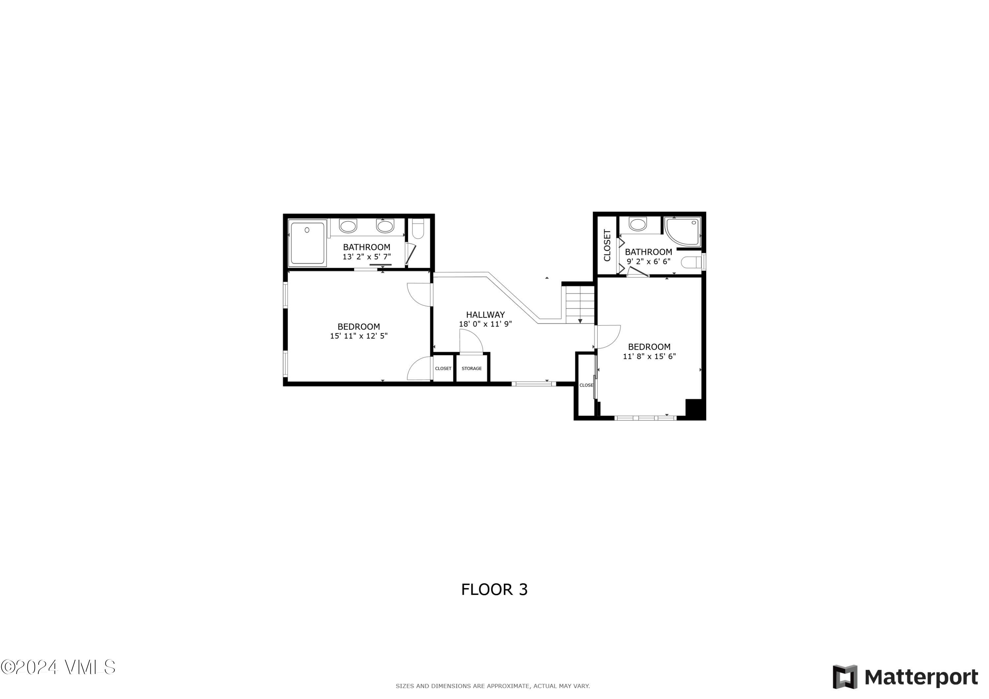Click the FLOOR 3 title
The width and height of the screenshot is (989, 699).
pyautogui.click(x=494, y=590)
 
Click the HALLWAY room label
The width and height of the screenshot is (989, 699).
pyautogui.click(x=485, y=315)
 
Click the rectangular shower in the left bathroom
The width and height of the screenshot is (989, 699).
pyautogui.click(x=307, y=243)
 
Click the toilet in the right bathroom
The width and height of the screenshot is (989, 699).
pyautogui.click(x=691, y=262)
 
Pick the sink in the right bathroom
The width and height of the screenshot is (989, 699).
pyautogui.click(x=638, y=224)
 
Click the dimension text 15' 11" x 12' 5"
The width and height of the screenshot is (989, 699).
pyautogui.click(x=359, y=336)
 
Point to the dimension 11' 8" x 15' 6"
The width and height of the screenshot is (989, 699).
pyautogui.click(x=649, y=356)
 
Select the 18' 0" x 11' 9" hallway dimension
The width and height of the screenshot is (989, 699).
pyautogui.click(x=485, y=324)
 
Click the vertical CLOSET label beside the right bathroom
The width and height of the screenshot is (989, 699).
pyautogui.click(x=607, y=245)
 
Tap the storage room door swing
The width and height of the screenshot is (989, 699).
pyautogui.click(x=471, y=341)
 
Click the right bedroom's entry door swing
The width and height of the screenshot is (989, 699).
pyautogui.click(x=607, y=336)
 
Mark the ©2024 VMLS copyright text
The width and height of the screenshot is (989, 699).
pyautogui.click(x=58, y=667)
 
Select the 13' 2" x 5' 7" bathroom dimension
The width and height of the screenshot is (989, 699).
pyautogui.click(x=367, y=257)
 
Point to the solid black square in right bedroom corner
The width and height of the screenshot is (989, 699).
pyautogui.click(x=694, y=409)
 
